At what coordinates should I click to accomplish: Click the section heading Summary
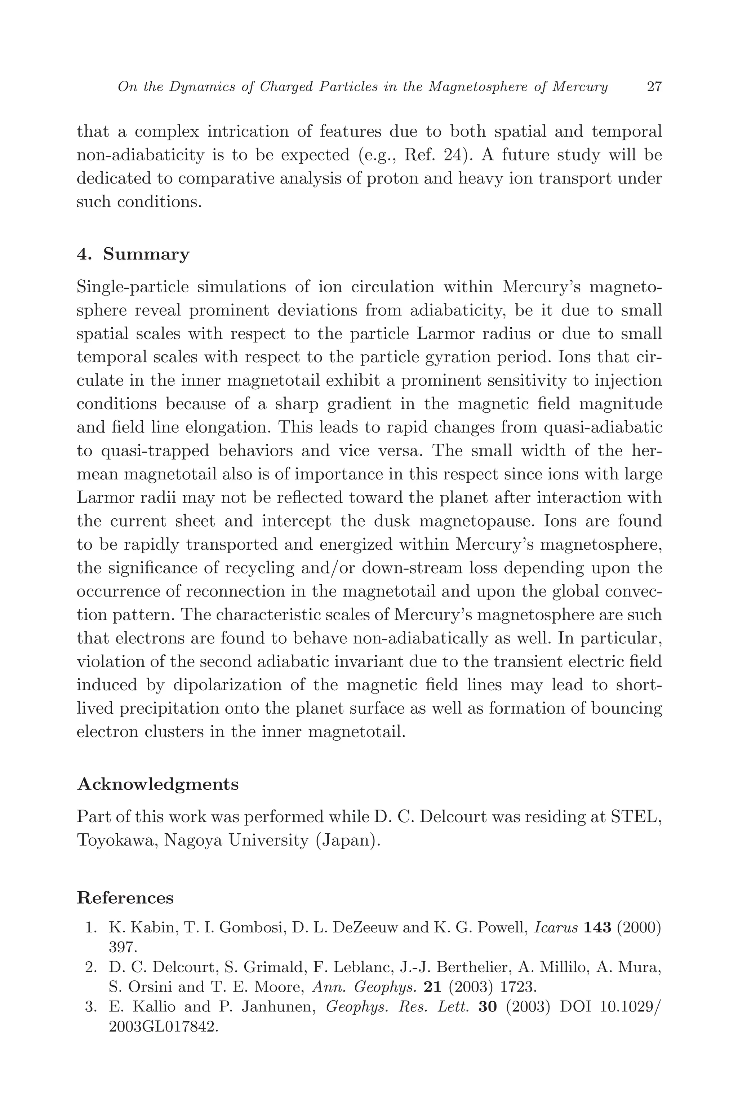(146, 254)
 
